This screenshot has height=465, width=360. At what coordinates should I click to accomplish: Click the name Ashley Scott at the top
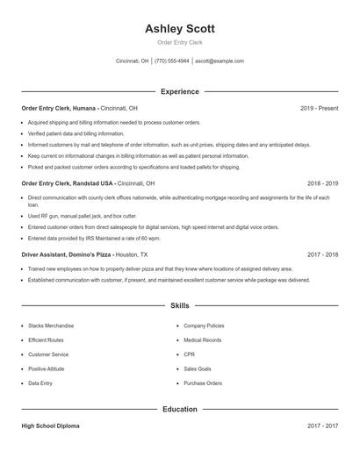(179, 28)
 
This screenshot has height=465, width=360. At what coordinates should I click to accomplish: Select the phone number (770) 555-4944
(172, 61)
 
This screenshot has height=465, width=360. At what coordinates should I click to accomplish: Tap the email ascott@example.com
(220, 61)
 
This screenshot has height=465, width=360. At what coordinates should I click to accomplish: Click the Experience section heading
(179, 91)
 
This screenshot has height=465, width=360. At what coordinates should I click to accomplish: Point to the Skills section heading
(179, 306)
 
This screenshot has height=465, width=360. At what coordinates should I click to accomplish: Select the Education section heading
(179, 409)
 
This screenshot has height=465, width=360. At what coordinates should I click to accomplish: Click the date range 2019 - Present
(319, 108)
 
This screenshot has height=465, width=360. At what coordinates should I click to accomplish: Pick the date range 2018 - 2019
(322, 183)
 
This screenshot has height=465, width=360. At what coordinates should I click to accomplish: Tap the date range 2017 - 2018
(322, 254)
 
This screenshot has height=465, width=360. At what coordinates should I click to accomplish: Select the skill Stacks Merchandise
(51, 325)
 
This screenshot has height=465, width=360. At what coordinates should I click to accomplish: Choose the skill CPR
(189, 354)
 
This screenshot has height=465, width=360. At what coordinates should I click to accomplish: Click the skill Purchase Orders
(203, 383)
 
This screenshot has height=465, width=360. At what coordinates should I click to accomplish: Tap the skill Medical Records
(203, 340)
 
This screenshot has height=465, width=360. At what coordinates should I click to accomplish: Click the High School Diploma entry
(50, 426)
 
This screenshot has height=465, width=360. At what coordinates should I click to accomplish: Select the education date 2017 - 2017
(322, 426)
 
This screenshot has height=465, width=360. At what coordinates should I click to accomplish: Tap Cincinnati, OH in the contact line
(133, 61)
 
